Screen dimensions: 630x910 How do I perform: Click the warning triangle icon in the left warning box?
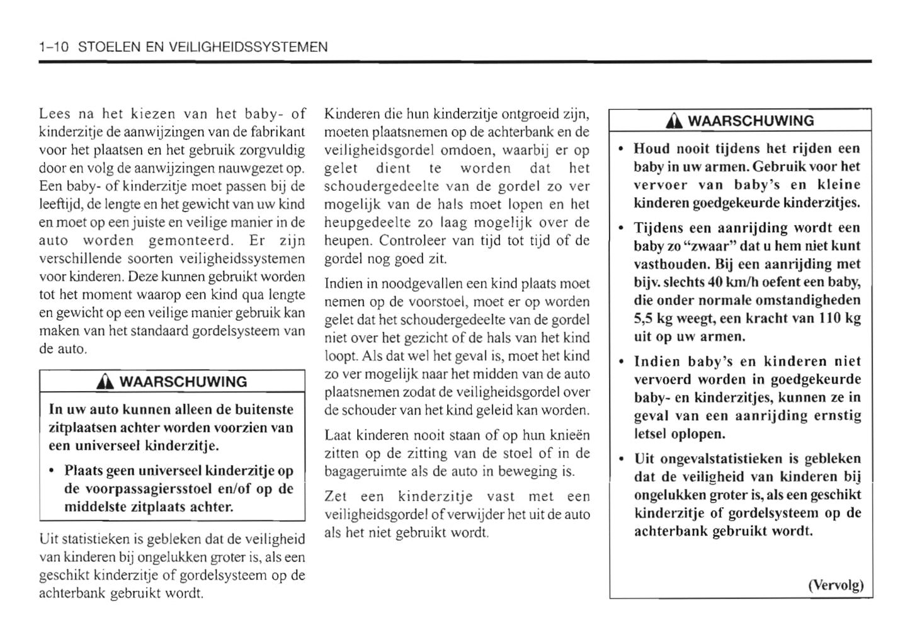105,382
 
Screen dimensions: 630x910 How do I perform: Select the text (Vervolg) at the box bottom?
836,585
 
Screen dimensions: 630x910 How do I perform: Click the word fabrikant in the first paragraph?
279,132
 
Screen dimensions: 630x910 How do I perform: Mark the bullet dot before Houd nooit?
622,149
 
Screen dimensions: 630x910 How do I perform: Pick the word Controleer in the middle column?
411,241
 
